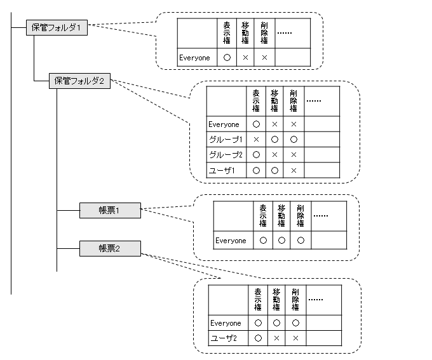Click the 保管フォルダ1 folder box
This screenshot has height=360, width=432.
point(57,27)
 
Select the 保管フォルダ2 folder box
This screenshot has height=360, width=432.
point(79,81)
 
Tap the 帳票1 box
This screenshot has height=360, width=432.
point(110,210)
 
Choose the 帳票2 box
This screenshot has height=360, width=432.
point(110,248)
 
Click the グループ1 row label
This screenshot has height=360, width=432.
point(226,140)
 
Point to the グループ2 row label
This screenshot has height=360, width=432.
point(226,155)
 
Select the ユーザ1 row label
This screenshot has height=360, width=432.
point(222,171)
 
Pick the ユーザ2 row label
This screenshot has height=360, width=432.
point(224,338)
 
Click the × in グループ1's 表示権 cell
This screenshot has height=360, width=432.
point(256,140)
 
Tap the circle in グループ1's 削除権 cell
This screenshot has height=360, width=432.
point(294,140)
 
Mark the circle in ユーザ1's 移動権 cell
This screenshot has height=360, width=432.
point(274,171)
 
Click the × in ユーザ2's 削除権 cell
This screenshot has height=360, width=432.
point(295,338)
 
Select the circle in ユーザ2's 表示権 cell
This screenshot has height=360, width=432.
point(258,338)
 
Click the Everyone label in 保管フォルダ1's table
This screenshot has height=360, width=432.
point(194,58)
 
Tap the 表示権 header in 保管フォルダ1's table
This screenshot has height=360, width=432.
point(227,33)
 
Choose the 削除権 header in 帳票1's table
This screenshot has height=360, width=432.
point(300,216)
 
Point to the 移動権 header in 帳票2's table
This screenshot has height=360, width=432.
point(276,300)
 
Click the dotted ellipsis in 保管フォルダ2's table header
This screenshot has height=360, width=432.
point(314,101)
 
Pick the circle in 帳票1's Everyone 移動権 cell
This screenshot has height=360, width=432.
point(281,241)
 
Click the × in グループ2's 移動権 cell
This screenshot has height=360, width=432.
point(274,155)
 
